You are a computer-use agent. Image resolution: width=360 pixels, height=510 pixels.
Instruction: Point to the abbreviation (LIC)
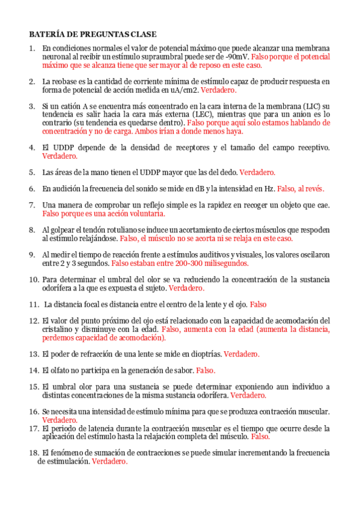(x=312, y=106)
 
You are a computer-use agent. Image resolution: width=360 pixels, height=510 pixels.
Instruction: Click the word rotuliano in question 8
(x=118, y=230)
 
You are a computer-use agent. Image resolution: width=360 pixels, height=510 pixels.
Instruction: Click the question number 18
(x=34, y=452)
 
